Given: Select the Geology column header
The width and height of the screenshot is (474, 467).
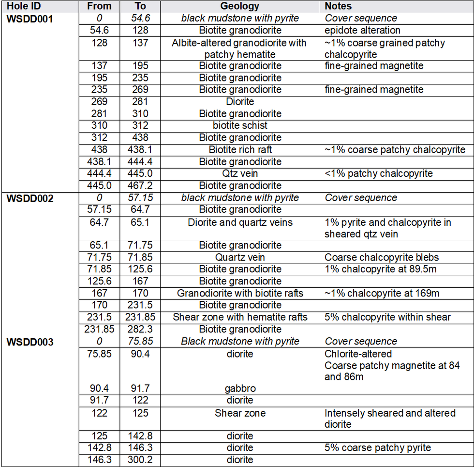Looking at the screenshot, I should [x=240, y=6].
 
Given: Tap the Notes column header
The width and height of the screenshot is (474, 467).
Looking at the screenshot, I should [x=338, y=6].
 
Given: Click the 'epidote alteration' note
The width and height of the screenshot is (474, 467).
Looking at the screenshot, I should [x=362, y=31].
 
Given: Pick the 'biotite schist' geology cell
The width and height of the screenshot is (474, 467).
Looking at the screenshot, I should [x=240, y=125].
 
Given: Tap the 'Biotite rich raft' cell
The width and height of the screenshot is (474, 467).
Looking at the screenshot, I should [x=240, y=150].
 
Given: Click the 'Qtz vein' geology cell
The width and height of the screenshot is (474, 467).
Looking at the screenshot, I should [x=240, y=173].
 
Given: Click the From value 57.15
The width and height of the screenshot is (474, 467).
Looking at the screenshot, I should [x=99, y=209].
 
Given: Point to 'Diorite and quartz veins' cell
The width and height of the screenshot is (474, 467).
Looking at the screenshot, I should [x=240, y=222].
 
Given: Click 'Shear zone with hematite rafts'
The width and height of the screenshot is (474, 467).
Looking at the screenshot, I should [x=240, y=317].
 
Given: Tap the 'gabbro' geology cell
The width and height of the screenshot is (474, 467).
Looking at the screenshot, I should [x=240, y=389].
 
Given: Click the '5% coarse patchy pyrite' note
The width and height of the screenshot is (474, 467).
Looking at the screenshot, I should [x=377, y=448].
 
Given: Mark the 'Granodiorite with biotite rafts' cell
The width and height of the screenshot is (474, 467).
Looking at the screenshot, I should [x=240, y=293].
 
